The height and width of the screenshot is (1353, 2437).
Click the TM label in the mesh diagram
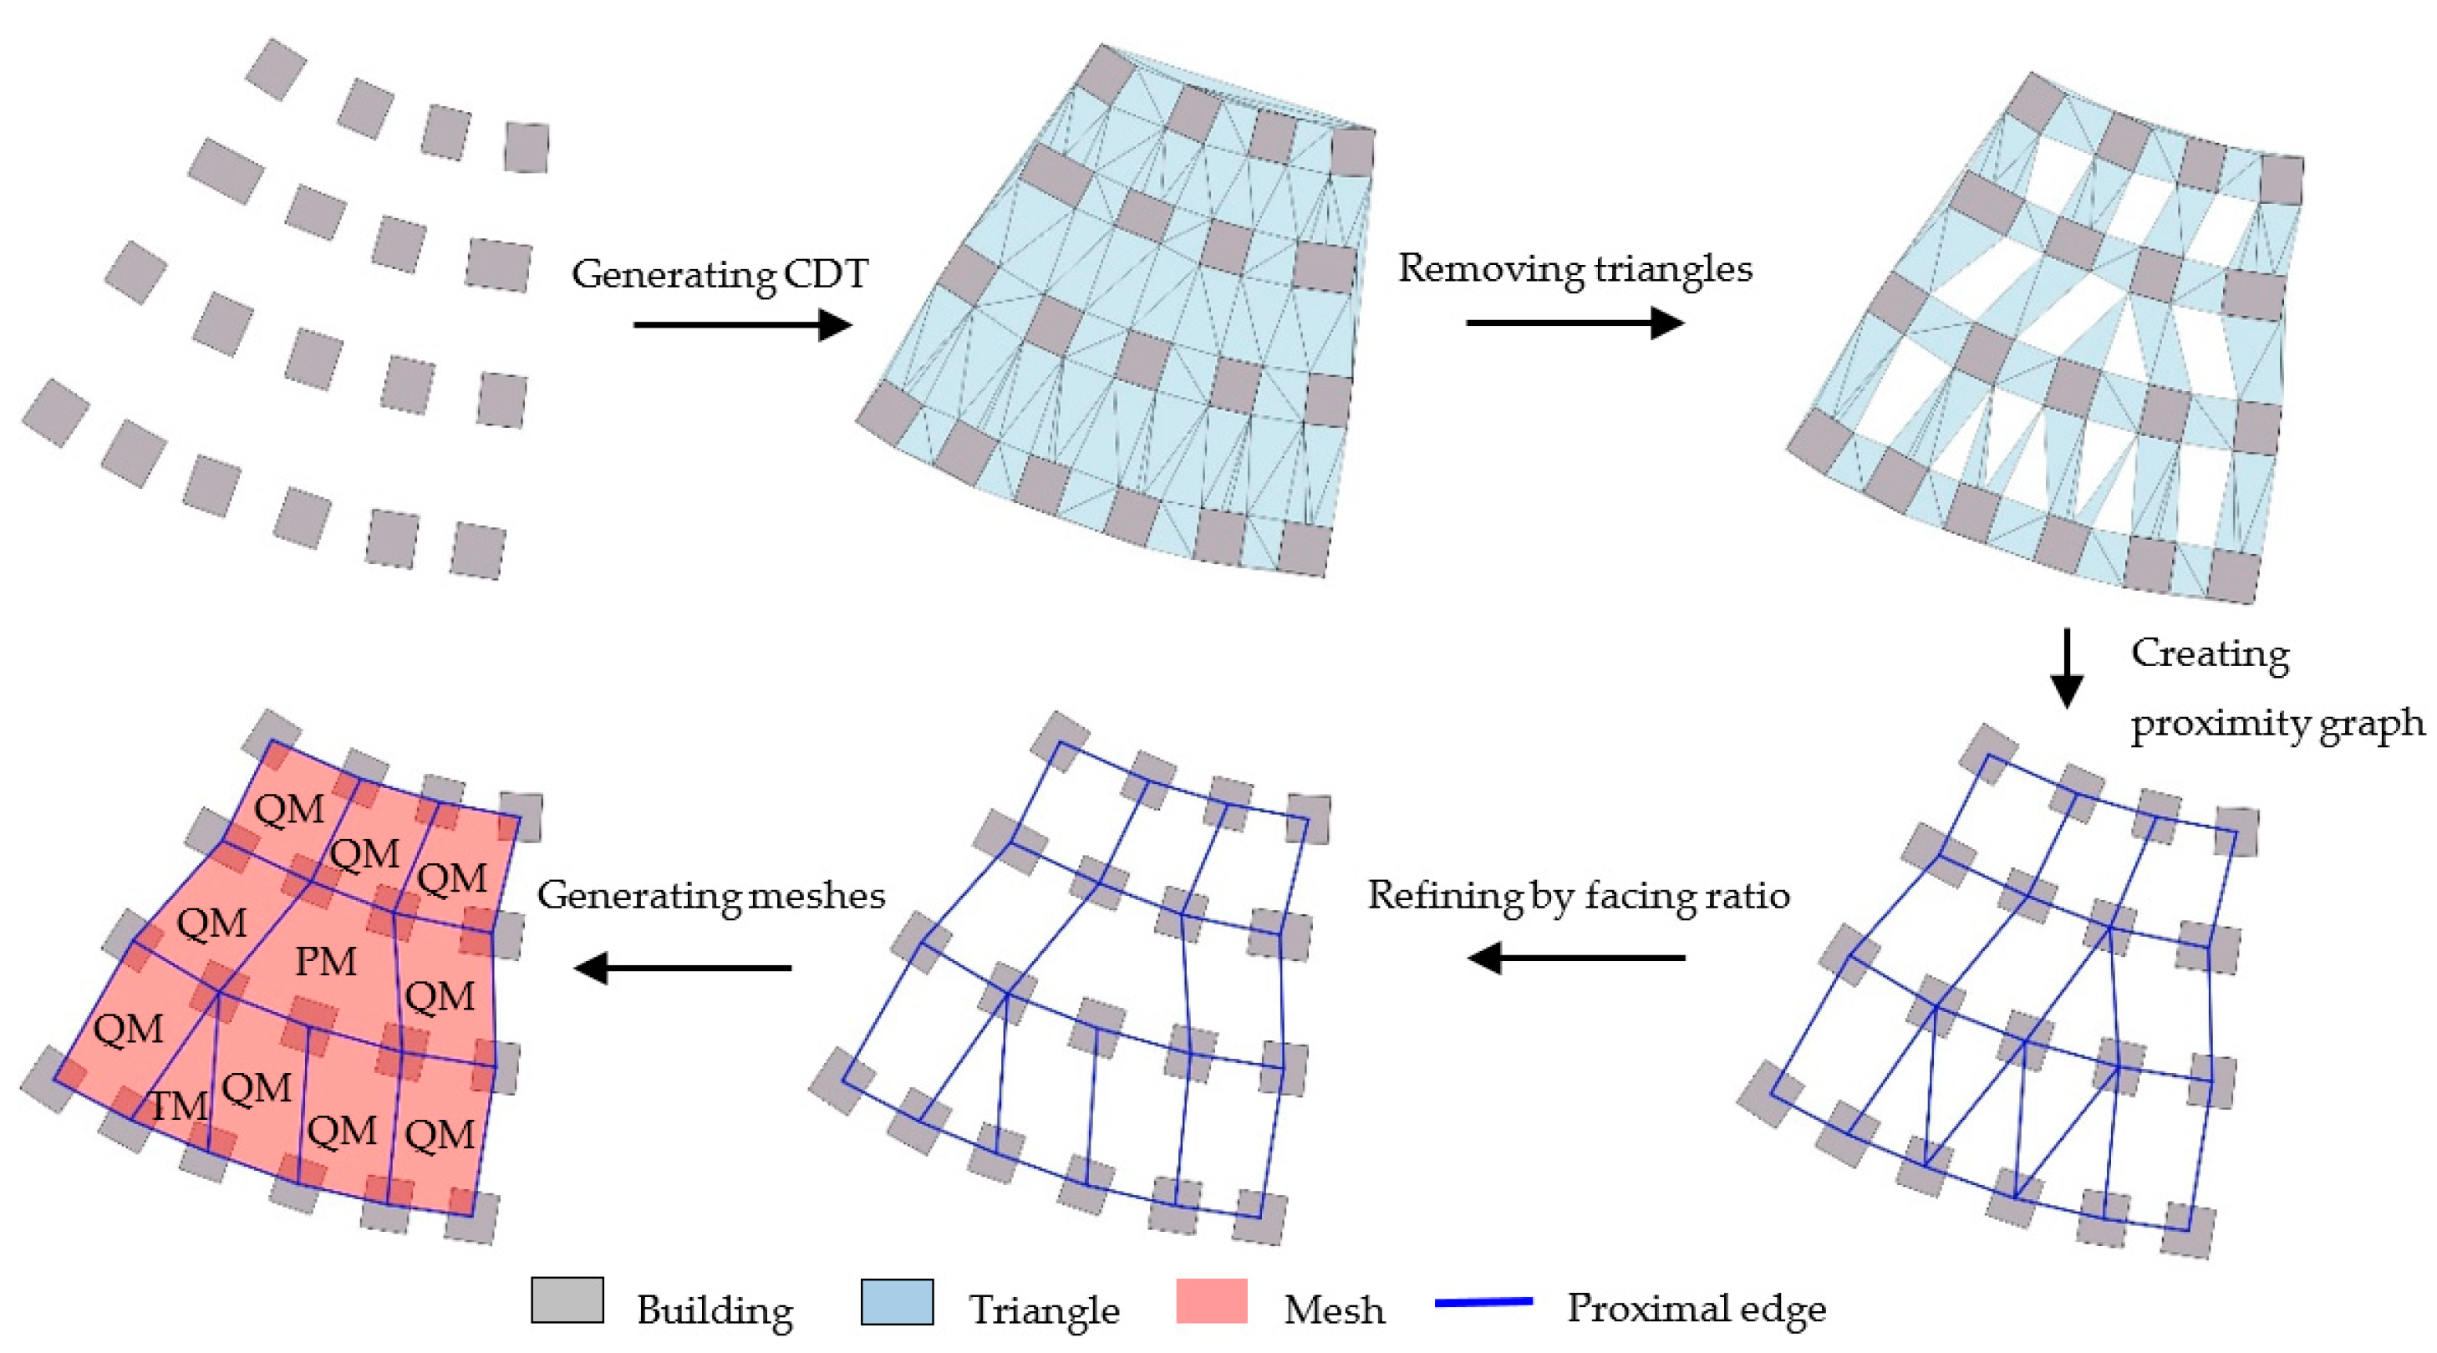pos(180,1105)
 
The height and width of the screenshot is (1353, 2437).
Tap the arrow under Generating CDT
pos(743,324)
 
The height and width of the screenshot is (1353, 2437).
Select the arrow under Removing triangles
pos(1575,323)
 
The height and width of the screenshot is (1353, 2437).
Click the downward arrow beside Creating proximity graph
pos(2066,668)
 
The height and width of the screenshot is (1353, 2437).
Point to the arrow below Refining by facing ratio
pos(1576,958)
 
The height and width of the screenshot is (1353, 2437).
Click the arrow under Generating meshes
pos(683,967)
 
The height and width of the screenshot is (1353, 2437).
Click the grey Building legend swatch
pos(567,1300)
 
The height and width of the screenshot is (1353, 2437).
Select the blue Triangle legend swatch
pos(897,1302)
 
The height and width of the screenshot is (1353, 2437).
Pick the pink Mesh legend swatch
pos(1211,1301)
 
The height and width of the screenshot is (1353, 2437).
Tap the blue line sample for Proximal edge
pos(1483,1303)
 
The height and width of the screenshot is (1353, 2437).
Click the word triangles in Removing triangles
pos(1672,270)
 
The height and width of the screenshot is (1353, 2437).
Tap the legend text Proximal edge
pos(1697,1309)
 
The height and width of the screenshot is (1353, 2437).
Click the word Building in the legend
pos(715,1310)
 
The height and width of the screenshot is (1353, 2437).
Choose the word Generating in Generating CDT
pos(674,275)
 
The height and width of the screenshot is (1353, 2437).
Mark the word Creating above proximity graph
pos(2210,654)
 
